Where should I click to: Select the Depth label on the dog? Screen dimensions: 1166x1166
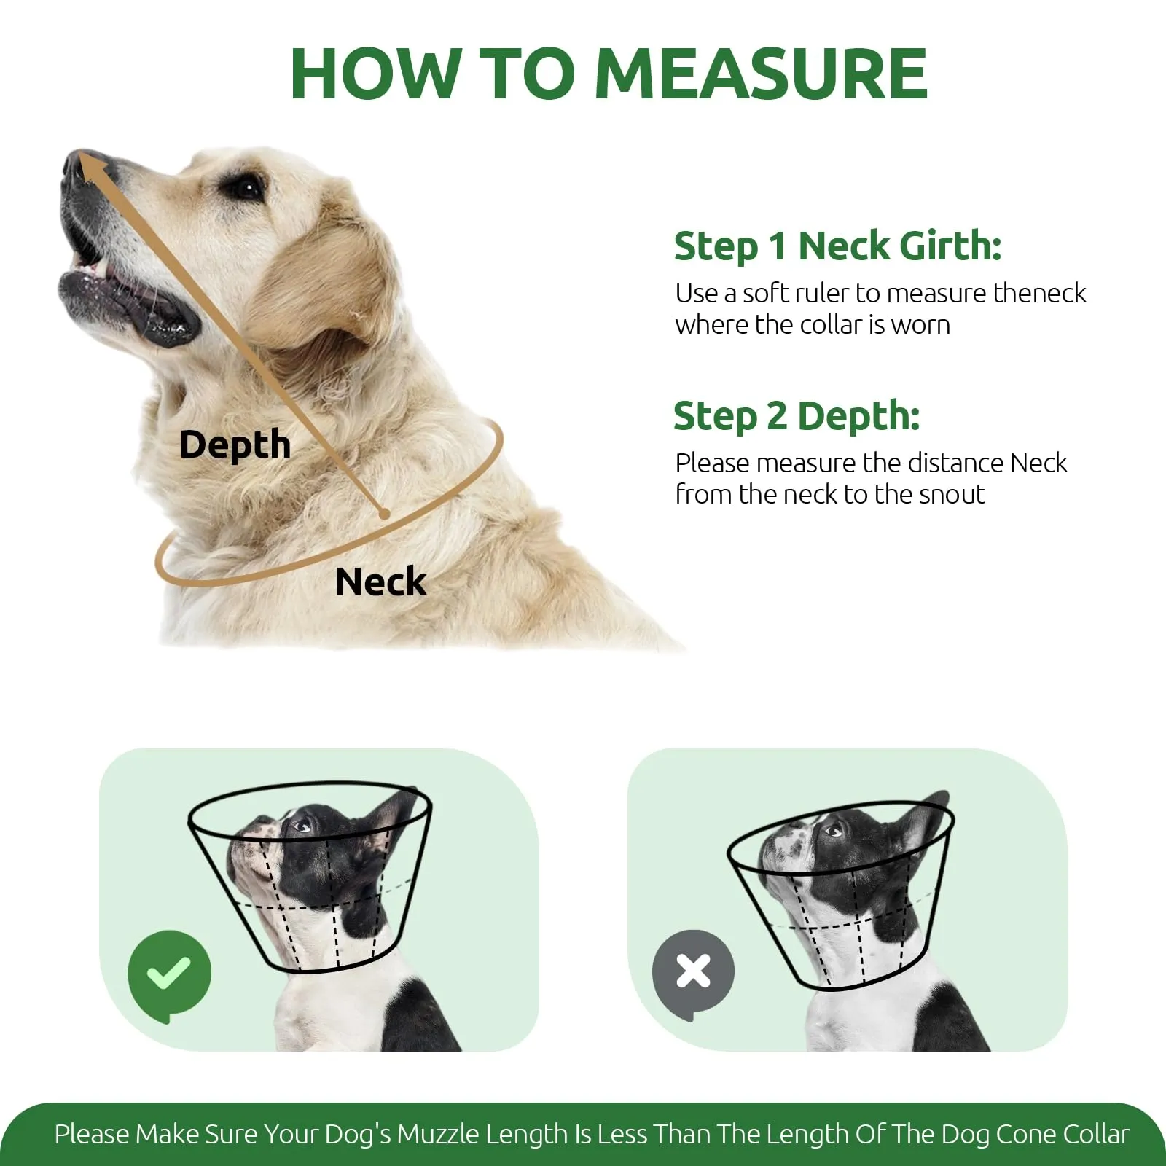click(235, 445)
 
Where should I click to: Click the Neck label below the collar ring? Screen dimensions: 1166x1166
click(380, 582)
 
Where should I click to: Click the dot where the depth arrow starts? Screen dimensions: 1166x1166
click(384, 514)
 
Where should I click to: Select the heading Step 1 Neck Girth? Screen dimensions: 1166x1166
click(837, 246)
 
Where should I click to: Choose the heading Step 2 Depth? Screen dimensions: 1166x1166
click(797, 417)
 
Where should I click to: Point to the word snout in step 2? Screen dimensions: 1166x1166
click(952, 495)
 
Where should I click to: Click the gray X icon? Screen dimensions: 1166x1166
click(693, 972)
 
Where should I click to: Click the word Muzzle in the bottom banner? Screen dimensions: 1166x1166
click(438, 1135)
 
